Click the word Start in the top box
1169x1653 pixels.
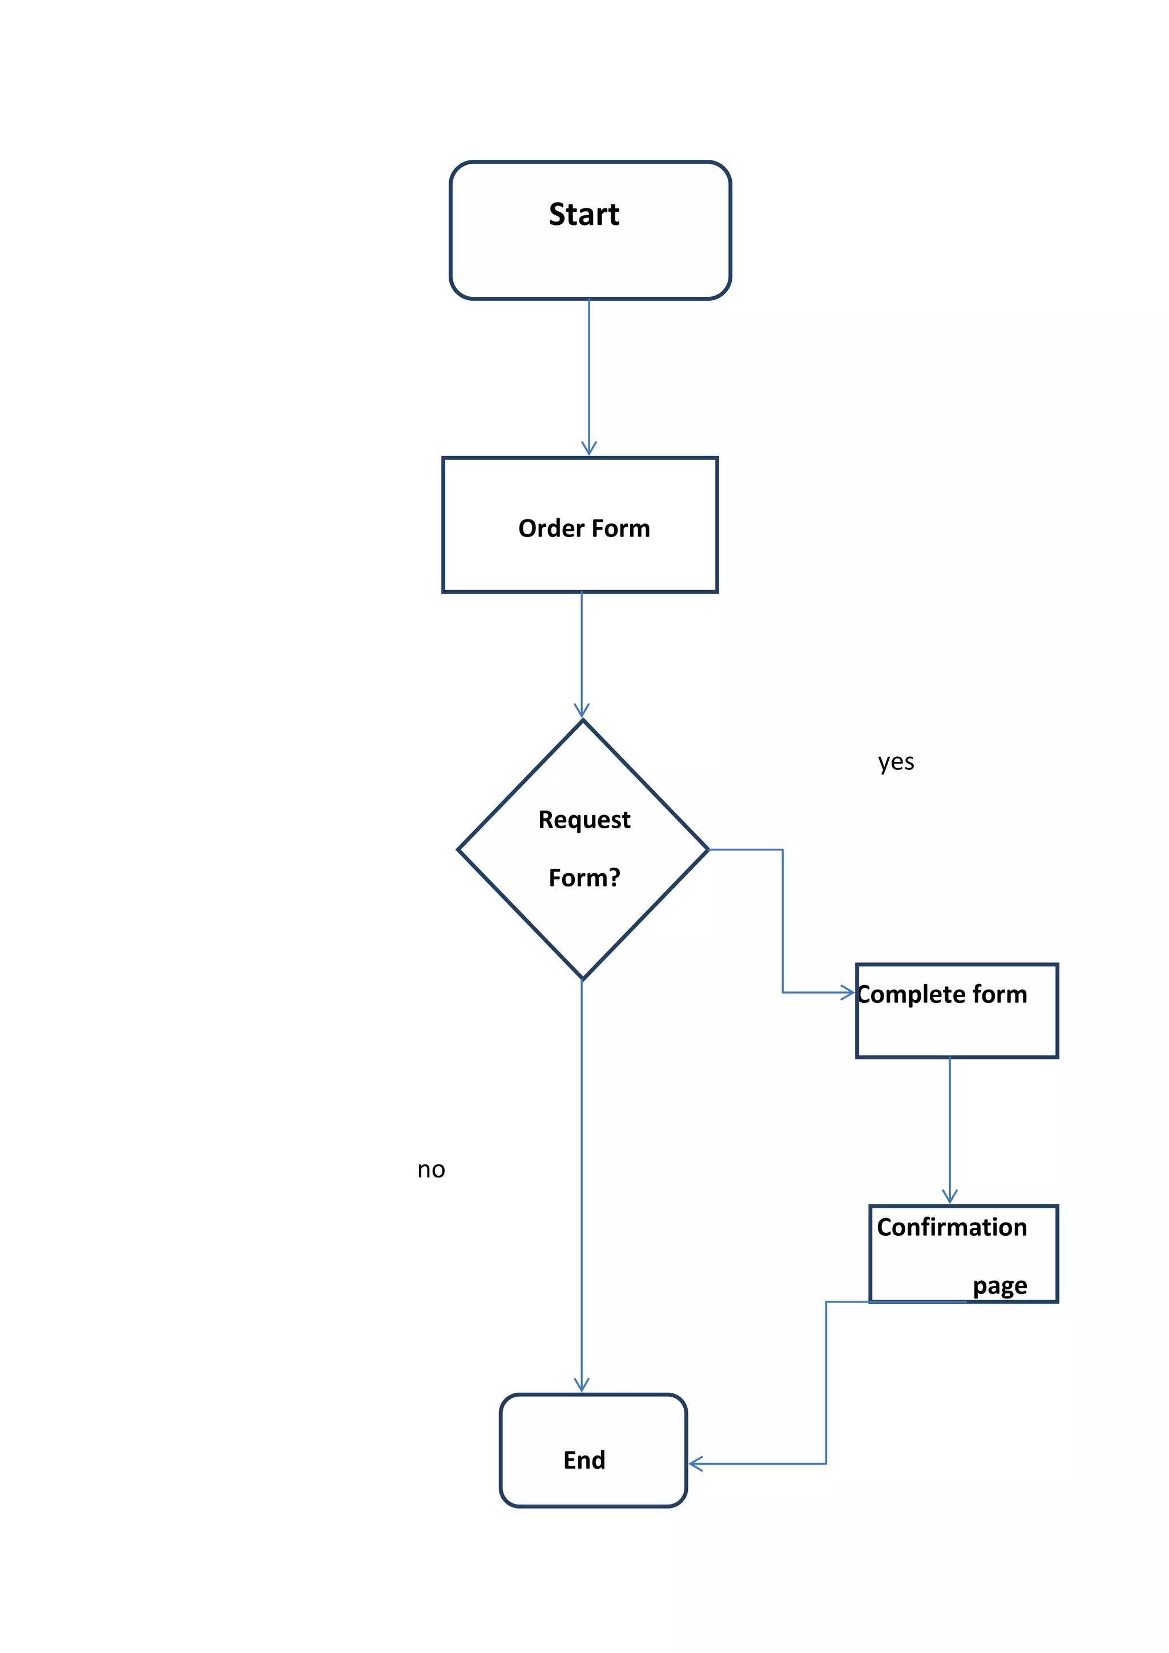pos(584,215)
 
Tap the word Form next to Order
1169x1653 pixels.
pos(620,529)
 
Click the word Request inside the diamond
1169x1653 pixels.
pos(584,820)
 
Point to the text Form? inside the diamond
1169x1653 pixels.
pos(584,878)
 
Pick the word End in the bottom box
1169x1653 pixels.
pos(584,1460)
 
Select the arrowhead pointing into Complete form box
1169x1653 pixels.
pos(849,993)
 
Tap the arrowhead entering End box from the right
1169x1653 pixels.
pos(695,1463)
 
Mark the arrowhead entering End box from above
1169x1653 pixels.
pos(582,1386)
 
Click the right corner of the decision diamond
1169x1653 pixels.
pos(708,849)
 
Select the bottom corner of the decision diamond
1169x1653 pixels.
pos(583,978)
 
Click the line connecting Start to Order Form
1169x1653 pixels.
pos(589,374)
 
